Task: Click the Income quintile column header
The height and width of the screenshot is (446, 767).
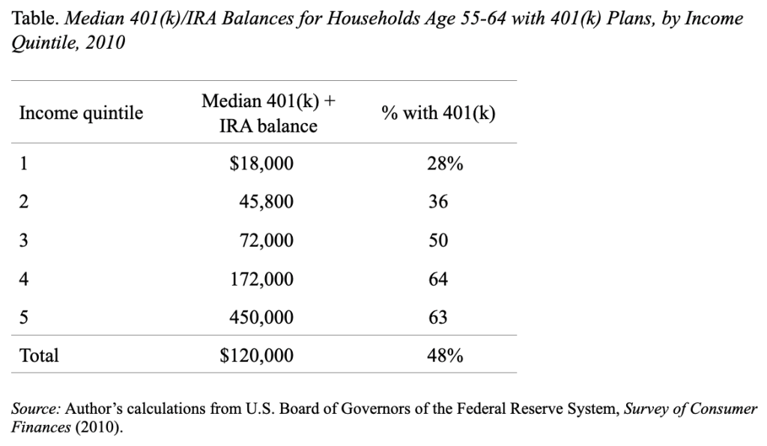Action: tap(81, 113)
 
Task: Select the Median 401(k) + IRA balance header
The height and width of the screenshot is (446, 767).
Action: tap(269, 113)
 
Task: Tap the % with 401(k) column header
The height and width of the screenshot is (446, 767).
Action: tap(438, 113)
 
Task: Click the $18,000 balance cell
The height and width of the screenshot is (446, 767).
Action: tap(261, 163)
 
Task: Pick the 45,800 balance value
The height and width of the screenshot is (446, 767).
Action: tap(266, 202)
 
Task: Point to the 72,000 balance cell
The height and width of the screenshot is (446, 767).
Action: tap(266, 241)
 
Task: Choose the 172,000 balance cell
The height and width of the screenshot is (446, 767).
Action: tap(261, 279)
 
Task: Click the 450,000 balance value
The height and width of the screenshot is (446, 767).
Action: tap(261, 317)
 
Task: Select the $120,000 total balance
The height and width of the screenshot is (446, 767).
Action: tap(257, 355)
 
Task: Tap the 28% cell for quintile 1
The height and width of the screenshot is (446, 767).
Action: tap(445, 163)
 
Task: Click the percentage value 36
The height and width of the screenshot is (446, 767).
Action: tap(437, 202)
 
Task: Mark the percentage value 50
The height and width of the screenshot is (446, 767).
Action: tap(437, 241)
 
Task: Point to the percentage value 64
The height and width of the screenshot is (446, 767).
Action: tap(437, 279)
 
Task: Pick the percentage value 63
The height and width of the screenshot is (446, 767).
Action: tap(437, 317)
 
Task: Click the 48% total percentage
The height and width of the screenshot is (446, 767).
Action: tap(445, 355)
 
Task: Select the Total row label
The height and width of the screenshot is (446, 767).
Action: tap(39, 355)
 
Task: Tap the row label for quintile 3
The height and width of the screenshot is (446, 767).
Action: tap(23, 241)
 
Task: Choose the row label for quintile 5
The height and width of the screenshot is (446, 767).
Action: tap(23, 317)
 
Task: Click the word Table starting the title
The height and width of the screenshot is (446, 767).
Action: tap(35, 19)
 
